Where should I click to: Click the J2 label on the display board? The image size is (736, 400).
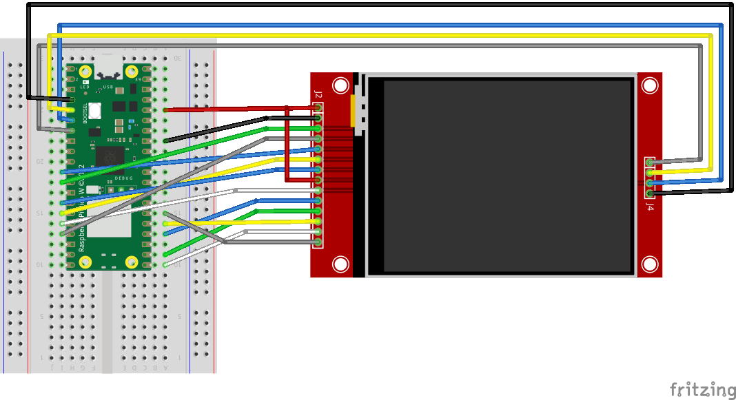318,94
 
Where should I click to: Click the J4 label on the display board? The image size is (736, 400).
649,204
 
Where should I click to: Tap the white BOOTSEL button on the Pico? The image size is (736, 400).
95,110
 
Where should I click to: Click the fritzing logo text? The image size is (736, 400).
702,389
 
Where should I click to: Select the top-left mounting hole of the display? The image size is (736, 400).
340,85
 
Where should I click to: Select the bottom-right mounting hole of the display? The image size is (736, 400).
649,264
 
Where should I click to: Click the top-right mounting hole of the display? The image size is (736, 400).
649,85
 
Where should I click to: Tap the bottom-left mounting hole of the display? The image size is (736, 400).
340,264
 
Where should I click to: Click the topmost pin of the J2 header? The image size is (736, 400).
318,108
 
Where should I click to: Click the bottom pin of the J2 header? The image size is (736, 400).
318,242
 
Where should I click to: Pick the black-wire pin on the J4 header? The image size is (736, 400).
649,194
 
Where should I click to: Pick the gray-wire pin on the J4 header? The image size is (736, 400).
649,163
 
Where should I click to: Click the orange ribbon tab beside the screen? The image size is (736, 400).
354,111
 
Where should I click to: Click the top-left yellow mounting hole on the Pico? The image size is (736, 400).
85,72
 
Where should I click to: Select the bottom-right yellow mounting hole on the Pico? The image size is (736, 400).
131,262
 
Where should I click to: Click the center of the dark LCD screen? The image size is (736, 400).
507,176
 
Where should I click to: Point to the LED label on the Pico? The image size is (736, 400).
85,87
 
